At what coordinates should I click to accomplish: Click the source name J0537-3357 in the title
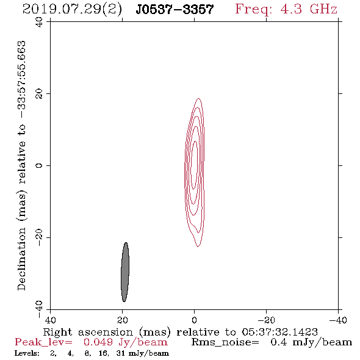pyautogui.click(x=175, y=9)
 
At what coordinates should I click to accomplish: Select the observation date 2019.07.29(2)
pyautogui.click(x=72, y=10)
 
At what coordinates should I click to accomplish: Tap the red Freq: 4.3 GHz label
pyautogui.click(x=286, y=9)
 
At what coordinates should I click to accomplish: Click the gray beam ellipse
pyautogui.click(x=125, y=272)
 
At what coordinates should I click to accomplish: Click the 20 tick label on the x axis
pyautogui.click(x=122, y=320)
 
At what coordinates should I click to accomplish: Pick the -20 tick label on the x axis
pyautogui.click(x=266, y=320)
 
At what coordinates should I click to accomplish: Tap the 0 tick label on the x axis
pyautogui.click(x=194, y=320)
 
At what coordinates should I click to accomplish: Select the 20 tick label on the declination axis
pyautogui.click(x=39, y=94)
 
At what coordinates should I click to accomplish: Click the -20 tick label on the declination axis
pyautogui.click(x=39, y=237)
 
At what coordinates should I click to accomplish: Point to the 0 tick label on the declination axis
pyautogui.click(x=39, y=165)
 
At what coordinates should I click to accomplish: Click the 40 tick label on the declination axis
pyautogui.click(x=39, y=23)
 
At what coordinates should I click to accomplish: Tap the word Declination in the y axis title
pyautogui.click(x=21, y=259)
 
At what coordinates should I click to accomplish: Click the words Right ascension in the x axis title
pyautogui.click(x=87, y=332)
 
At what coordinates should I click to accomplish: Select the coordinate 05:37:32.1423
pyautogui.click(x=279, y=332)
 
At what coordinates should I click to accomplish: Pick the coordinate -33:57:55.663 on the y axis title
pyautogui.click(x=21, y=80)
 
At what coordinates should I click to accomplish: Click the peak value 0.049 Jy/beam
pyautogui.click(x=125, y=342)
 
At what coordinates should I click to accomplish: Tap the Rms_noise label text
pyautogui.click(x=225, y=342)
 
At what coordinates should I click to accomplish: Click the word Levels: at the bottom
pyautogui.click(x=27, y=353)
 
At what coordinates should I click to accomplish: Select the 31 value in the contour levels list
pyautogui.click(x=121, y=353)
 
